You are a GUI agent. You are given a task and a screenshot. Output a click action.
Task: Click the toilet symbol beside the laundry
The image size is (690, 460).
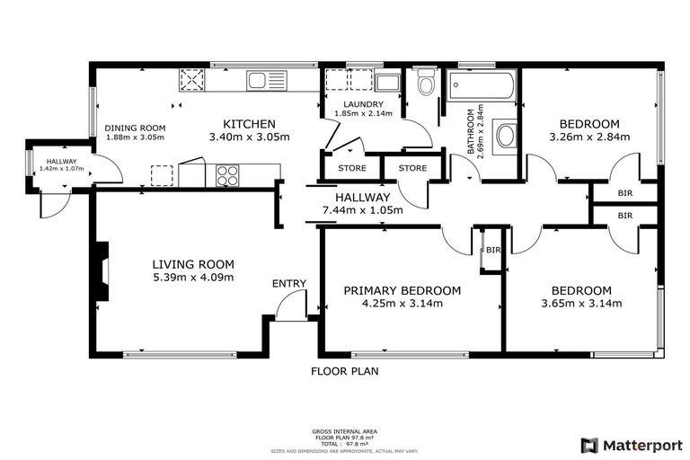[x=426, y=84]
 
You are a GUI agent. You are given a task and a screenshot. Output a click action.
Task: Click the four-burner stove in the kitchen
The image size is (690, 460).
[x=226, y=173]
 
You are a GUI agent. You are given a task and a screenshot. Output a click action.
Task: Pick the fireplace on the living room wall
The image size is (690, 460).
[x=103, y=271]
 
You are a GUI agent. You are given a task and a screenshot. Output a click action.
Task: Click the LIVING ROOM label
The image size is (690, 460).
[x=192, y=264]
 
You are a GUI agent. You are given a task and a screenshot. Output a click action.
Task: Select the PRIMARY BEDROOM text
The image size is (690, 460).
[x=402, y=290]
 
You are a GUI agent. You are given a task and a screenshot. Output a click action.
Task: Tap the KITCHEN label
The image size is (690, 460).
[x=249, y=124]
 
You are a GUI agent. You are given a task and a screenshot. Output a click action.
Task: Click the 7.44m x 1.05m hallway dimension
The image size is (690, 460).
[x=362, y=210]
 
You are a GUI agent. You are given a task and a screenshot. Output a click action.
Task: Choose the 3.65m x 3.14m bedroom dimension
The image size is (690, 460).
[x=581, y=304]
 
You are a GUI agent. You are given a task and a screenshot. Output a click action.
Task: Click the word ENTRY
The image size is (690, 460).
[x=289, y=284]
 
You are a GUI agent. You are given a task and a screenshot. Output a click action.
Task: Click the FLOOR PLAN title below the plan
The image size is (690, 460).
[x=345, y=371]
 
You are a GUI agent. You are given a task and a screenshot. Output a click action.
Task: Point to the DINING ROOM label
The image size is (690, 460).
[x=136, y=128]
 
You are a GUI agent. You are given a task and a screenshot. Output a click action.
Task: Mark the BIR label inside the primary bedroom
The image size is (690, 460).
[x=492, y=250]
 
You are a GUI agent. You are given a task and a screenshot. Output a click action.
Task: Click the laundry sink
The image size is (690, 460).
[x=388, y=84]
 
